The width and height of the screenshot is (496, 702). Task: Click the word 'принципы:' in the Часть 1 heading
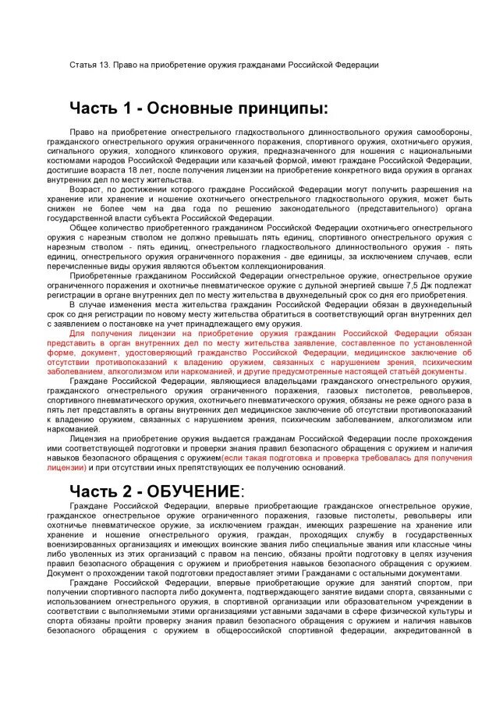[277, 107]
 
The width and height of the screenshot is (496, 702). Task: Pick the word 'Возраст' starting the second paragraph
[85, 190]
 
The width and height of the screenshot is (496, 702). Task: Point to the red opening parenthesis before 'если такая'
[224, 458]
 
